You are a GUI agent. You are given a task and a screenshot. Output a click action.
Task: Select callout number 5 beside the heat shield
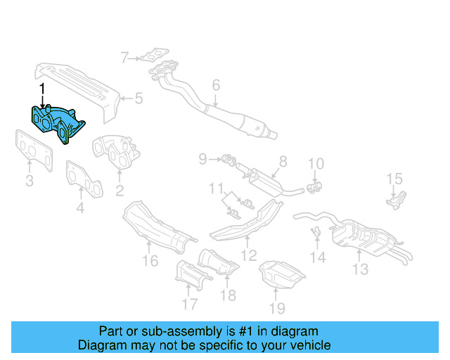pyautogui.click(x=138, y=98)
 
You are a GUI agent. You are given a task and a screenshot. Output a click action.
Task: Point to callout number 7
pyautogui.click(x=124, y=58)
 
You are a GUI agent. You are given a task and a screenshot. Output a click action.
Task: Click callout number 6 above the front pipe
pyautogui.click(x=216, y=86)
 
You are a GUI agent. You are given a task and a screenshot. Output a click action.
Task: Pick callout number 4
pyautogui.click(x=80, y=208)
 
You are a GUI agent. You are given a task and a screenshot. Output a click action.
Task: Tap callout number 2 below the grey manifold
pyautogui.click(x=120, y=189)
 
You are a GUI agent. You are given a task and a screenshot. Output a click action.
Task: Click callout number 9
pyautogui.click(x=202, y=160)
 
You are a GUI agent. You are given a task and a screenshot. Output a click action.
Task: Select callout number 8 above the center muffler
pyautogui.click(x=283, y=161)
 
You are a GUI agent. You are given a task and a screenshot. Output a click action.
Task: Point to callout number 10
pyautogui.click(x=316, y=165)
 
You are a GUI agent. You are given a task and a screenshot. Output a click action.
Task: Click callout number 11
pyautogui.click(x=219, y=188)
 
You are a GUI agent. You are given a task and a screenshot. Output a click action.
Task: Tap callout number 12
pyautogui.click(x=247, y=257)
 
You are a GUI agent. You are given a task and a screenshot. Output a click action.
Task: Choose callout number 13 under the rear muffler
pyautogui.click(x=361, y=269)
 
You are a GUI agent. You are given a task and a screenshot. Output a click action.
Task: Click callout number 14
pyautogui.click(x=319, y=257)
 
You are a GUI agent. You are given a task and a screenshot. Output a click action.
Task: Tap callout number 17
pyautogui.click(x=189, y=304)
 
